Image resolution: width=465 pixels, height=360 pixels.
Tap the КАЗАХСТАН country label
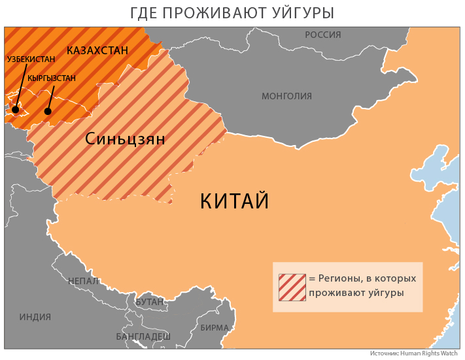point(97,50)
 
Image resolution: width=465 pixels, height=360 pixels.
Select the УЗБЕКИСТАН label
point(31,59)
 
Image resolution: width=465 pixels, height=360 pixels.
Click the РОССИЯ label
point(323,35)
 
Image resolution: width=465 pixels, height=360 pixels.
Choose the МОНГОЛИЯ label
point(286,96)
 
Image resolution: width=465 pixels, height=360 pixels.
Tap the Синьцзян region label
point(125,139)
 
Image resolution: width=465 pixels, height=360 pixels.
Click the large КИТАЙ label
point(234,201)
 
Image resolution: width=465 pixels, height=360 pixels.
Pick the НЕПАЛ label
point(83,281)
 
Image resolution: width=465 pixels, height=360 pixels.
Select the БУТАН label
point(150,302)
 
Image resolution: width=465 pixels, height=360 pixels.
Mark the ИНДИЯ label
point(35,318)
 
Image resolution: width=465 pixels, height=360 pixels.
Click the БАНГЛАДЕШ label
point(143,336)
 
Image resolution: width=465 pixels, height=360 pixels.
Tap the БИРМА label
point(215,327)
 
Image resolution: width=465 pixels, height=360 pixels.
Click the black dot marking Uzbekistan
point(15,111)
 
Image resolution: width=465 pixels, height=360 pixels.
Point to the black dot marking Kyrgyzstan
point(48,111)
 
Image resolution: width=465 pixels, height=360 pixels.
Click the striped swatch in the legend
point(291,287)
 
